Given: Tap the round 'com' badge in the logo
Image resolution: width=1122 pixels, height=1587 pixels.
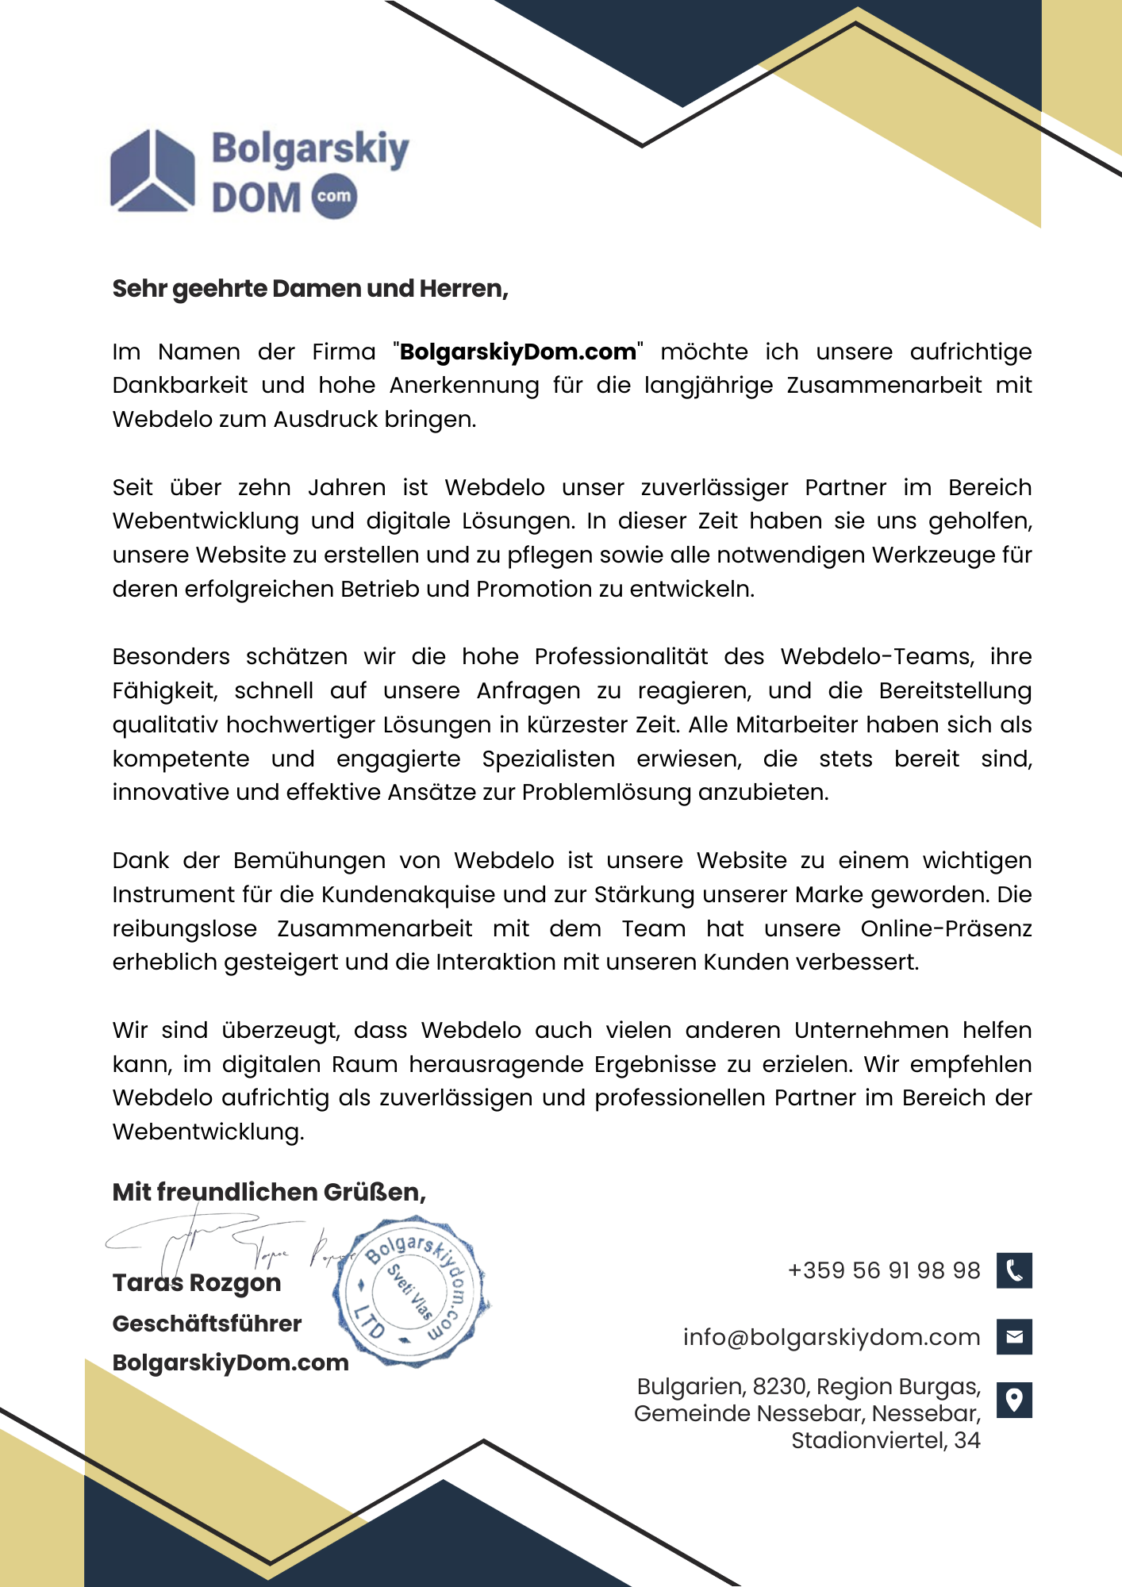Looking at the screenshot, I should tap(334, 196).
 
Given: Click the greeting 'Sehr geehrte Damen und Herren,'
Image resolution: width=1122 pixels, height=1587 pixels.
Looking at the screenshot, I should tap(310, 289).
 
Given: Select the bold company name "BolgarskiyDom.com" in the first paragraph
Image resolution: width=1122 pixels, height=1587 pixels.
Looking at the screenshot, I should tap(518, 352).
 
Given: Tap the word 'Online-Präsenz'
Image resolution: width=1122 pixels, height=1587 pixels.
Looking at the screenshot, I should tap(946, 929).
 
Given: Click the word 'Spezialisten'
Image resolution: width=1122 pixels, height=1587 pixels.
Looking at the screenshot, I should tap(548, 759).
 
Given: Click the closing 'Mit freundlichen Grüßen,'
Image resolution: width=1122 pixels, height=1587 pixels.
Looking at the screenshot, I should tap(269, 1192).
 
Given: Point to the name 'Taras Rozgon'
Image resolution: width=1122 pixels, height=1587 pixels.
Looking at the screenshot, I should tap(197, 1283).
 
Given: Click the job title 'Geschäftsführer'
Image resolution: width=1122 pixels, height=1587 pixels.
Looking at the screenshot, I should tap(207, 1324).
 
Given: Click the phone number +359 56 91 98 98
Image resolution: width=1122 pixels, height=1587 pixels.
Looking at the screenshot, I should tap(884, 1270).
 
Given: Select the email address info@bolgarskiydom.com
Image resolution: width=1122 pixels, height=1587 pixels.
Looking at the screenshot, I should tap(832, 1337).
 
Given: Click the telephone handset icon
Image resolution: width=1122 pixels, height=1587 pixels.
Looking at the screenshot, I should tap(1014, 1270).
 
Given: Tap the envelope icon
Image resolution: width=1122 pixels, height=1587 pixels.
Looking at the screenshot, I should tap(1014, 1337).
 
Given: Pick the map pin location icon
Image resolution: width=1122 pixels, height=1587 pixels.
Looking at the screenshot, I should tap(1014, 1400).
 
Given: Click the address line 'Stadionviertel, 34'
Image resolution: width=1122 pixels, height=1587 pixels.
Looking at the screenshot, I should tap(886, 1440).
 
